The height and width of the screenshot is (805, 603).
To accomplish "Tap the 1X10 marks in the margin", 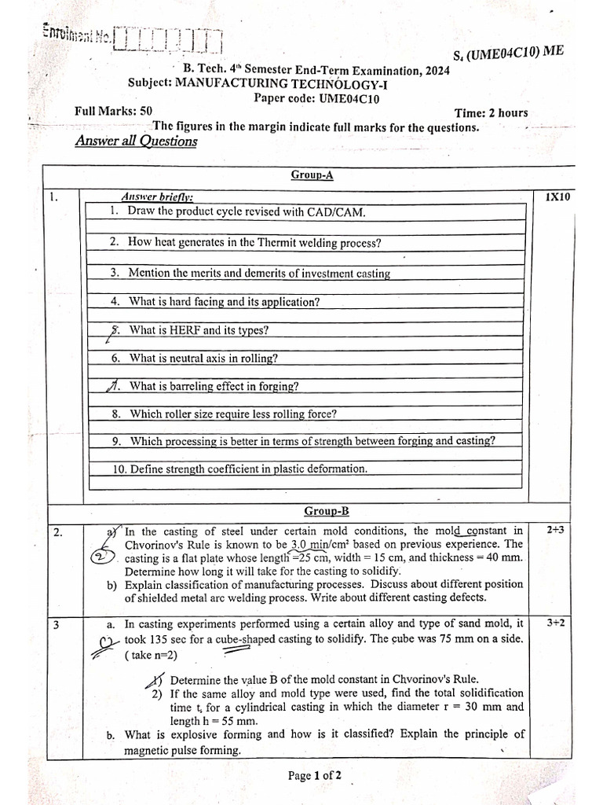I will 557,197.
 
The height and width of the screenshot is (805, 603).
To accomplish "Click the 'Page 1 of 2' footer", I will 314,776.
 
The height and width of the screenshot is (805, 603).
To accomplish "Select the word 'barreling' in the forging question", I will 194,386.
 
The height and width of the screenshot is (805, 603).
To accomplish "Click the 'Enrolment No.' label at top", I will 76,34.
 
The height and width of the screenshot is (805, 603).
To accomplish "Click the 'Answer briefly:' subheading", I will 157,197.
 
